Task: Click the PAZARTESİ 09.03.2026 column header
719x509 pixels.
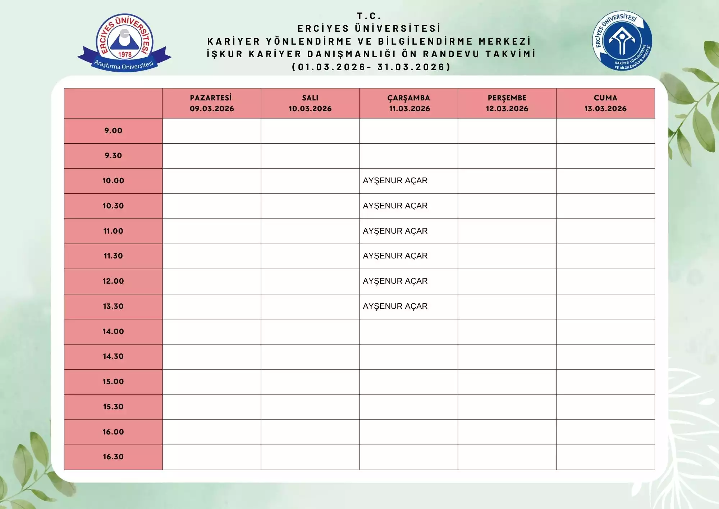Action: (x=212, y=103)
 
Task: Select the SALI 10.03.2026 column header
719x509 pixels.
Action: (x=310, y=103)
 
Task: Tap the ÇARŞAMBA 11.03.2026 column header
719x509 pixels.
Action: (x=409, y=103)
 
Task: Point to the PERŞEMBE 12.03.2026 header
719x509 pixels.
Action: (x=507, y=103)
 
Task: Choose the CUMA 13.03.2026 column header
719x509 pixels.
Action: (x=605, y=103)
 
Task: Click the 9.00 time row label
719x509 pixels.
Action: (x=113, y=131)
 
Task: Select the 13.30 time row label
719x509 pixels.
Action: (x=113, y=306)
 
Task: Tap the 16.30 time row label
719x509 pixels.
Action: (x=113, y=457)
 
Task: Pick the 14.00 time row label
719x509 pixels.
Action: (x=113, y=332)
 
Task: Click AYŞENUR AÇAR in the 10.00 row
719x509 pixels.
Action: (x=395, y=181)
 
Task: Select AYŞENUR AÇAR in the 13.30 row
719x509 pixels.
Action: (x=395, y=306)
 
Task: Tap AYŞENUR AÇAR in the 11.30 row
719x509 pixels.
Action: (x=395, y=256)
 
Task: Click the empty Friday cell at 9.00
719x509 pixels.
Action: (x=605, y=131)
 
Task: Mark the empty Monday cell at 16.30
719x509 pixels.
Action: (x=212, y=457)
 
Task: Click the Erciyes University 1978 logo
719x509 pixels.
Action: (x=124, y=42)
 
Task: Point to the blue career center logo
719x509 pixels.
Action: (x=622, y=40)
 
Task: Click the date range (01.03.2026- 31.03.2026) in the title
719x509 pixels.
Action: (x=371, y=67)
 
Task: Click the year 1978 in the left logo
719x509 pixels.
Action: (x=125, y=55)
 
